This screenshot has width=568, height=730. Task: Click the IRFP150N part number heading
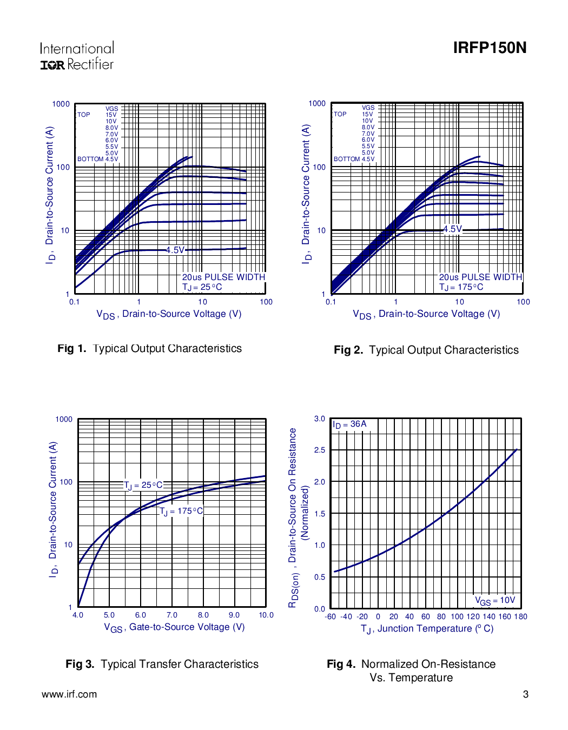(x=490, y=48)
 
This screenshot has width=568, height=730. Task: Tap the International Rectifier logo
(x=77, y=56)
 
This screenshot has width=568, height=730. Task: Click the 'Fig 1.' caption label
(x=72, y=349)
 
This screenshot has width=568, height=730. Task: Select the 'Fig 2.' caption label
(x=348, y=350)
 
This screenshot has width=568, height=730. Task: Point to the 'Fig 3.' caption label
(x=80, y=664)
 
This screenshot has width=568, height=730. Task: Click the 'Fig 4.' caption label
(x=341, y=664)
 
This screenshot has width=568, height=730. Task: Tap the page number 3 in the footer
(x=525, y=694)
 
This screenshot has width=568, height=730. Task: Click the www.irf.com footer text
(x=69, y=694)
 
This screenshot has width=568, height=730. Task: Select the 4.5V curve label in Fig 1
(x=175, y=250)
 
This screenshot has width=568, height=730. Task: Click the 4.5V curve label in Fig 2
(x=453, y=229)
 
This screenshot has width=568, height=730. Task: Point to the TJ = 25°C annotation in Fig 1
(x=202, y=287)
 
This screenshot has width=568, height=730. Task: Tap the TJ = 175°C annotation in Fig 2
(x=461, y=287)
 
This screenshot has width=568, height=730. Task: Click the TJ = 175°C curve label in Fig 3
(x=182, y=511)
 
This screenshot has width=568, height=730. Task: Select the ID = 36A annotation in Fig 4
(x=349, y=424)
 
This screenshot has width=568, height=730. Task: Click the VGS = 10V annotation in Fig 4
(x=495, y=600)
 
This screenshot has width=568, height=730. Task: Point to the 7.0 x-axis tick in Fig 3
(x=172, y=615)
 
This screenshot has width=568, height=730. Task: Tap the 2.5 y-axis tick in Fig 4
(x=320, y=450)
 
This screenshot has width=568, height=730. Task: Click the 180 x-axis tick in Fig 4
(x=520, y=616)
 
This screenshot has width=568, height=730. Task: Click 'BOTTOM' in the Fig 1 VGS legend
(x=90, y=159)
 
